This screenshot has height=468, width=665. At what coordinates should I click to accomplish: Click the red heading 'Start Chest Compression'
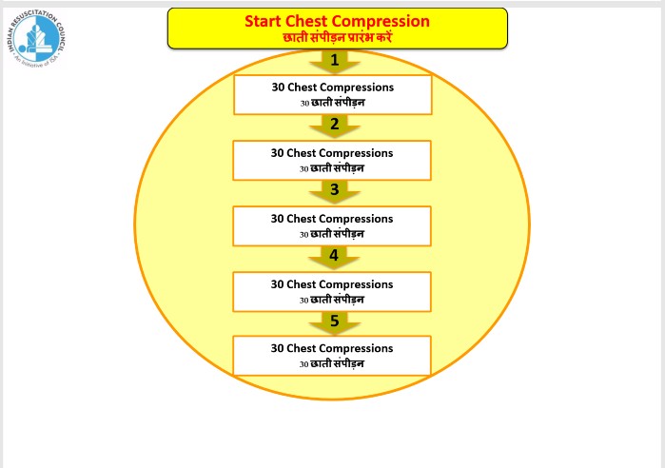337,20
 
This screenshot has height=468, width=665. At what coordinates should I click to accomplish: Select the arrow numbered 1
333,61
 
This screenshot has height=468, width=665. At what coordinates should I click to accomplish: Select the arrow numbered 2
333,125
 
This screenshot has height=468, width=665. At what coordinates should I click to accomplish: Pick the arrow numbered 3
333,190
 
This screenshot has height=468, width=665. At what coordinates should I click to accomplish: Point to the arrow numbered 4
333,256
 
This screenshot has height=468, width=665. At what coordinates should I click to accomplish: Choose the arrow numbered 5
333,322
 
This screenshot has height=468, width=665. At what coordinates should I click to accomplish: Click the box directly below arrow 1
332,94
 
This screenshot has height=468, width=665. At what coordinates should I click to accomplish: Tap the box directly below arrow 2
332,160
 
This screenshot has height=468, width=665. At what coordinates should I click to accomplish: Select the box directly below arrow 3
332,225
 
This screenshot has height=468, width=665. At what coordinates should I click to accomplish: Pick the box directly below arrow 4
332,291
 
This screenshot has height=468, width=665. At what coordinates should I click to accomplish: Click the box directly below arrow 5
332,355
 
